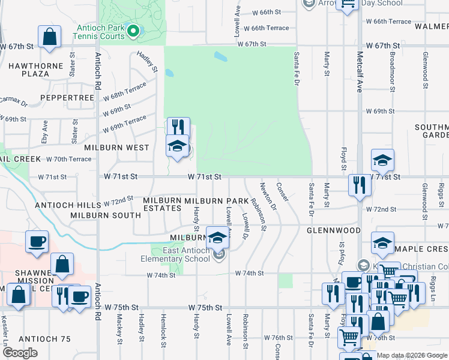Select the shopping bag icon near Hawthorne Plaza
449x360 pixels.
point(49,37)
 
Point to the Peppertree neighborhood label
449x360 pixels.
point(67,97)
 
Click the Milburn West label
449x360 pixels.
point(116,147)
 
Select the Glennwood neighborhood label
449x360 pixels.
point(333,230)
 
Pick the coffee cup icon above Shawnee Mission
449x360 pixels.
point(37,242)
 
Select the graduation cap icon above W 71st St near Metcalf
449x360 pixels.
point(382,160)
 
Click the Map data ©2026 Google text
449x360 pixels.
point(412,355)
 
